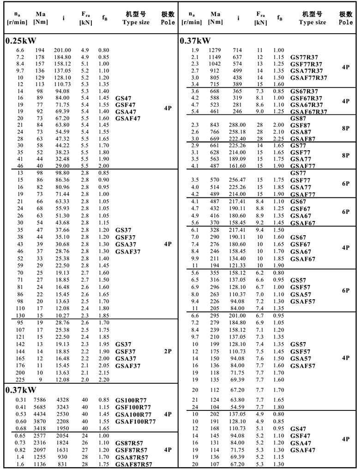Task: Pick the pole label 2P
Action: click(168, 351)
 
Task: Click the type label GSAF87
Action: click(303, 139)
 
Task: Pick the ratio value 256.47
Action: click(238, 180)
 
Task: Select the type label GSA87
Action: click(301, 132)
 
